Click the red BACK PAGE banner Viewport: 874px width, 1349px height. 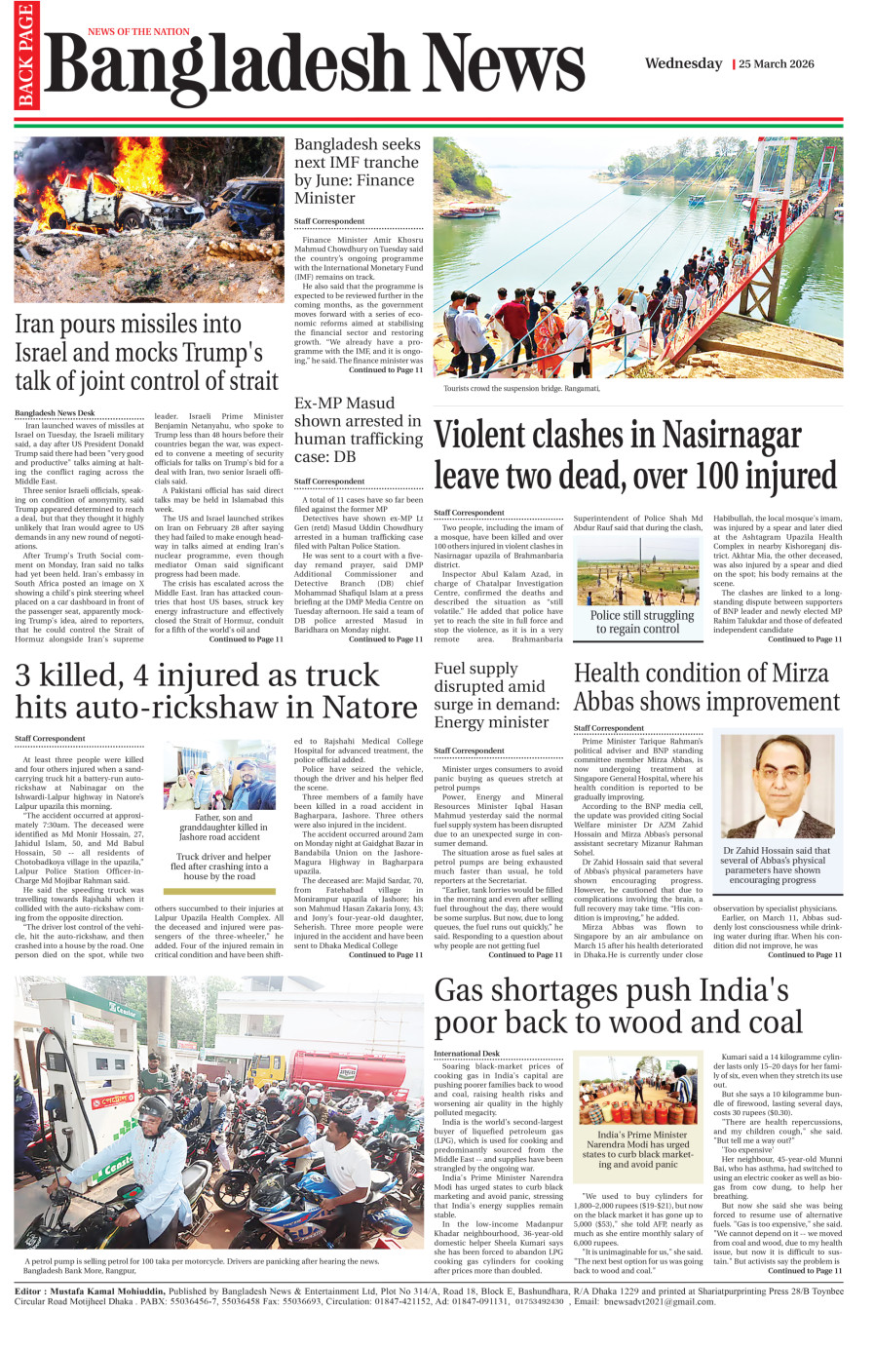click(x=24, y=57)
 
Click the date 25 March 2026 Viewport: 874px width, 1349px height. click(x=776, y=64)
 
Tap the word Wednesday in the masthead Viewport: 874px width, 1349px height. click(x=683, y=63)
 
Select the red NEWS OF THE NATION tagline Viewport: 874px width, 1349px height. click(x=138, y=32)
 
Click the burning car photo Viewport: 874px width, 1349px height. click(x=149, y=219)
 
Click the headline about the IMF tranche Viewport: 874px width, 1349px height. click(x=357, y=171)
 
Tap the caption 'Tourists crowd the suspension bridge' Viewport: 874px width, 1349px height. click(x=521, y=389)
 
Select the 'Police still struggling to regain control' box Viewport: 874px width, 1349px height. click(x=642, y=622)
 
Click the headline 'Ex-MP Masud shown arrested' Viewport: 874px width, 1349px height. click(x=358, y=429)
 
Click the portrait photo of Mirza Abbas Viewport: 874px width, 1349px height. click(x=776, y=786)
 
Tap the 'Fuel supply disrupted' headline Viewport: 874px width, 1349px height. click(x=496, y=695)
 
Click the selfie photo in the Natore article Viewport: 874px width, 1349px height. click(x=219, y=775)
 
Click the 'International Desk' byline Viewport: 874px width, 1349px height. click(x=467, y=1054)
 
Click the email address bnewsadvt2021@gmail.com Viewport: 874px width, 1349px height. click(x=660, y=1301)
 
